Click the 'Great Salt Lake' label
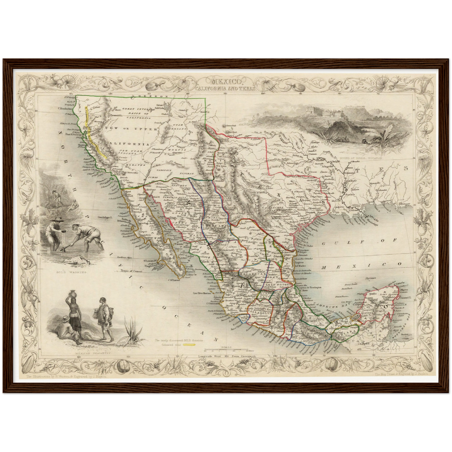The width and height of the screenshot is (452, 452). tap(160, 105)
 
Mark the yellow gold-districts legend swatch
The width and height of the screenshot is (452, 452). tap(189, 345)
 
